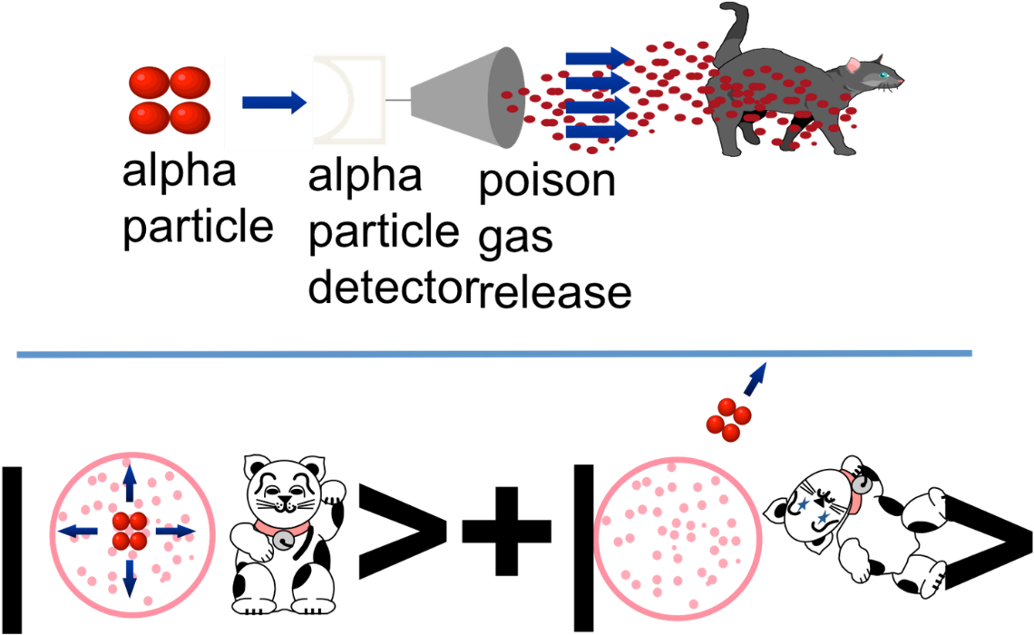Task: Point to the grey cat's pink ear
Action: coord(854,66)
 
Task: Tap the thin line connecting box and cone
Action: coord(398,101)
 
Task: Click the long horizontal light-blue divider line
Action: coord(494,354)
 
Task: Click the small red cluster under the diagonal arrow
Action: coord(728,419)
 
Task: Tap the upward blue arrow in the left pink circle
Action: coord(130,484)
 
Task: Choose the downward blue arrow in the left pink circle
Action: coord(130,577)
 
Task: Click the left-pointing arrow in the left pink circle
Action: coord(79,530)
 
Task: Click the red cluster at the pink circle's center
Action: coord(129,531)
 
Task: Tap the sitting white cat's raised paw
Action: coord(334,493)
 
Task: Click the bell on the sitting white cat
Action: coord(285,542)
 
